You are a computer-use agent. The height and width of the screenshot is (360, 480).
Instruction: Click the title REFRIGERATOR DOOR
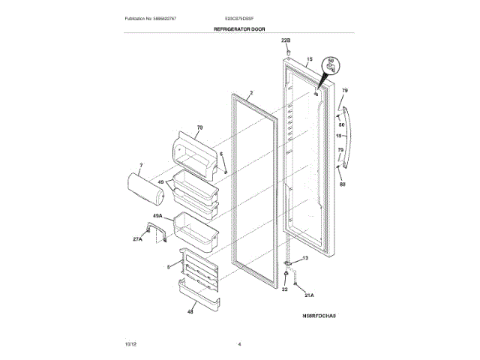tap(239, 28)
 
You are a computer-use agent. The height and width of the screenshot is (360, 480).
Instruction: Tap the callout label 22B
tap(286, 39)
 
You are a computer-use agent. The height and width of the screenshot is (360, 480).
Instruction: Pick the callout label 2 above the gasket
tap(251, 93)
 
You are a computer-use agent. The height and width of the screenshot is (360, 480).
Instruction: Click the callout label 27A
tap(137, 239)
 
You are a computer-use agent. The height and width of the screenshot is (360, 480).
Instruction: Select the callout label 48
tap(190, 311)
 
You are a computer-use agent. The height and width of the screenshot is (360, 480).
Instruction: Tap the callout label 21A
tap(310, 294)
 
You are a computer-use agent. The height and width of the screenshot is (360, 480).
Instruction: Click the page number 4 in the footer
tap(238, 344)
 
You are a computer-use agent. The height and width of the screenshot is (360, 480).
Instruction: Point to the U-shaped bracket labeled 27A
tap(156, 235)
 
